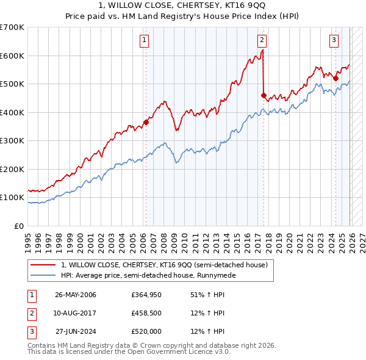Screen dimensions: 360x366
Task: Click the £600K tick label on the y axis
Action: click(12, 56)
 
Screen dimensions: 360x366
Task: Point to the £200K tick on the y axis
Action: click(12, 169)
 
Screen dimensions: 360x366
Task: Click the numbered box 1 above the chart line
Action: click(145, 41)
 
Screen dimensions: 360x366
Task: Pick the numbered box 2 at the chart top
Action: click(262, 41)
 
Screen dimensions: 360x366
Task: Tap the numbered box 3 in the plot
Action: click(334, 41)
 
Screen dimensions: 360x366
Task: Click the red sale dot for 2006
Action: click(146, 122)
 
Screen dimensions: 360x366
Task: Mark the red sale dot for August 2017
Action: click(264, 95)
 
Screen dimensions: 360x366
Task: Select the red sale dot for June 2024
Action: click(335, 78)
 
